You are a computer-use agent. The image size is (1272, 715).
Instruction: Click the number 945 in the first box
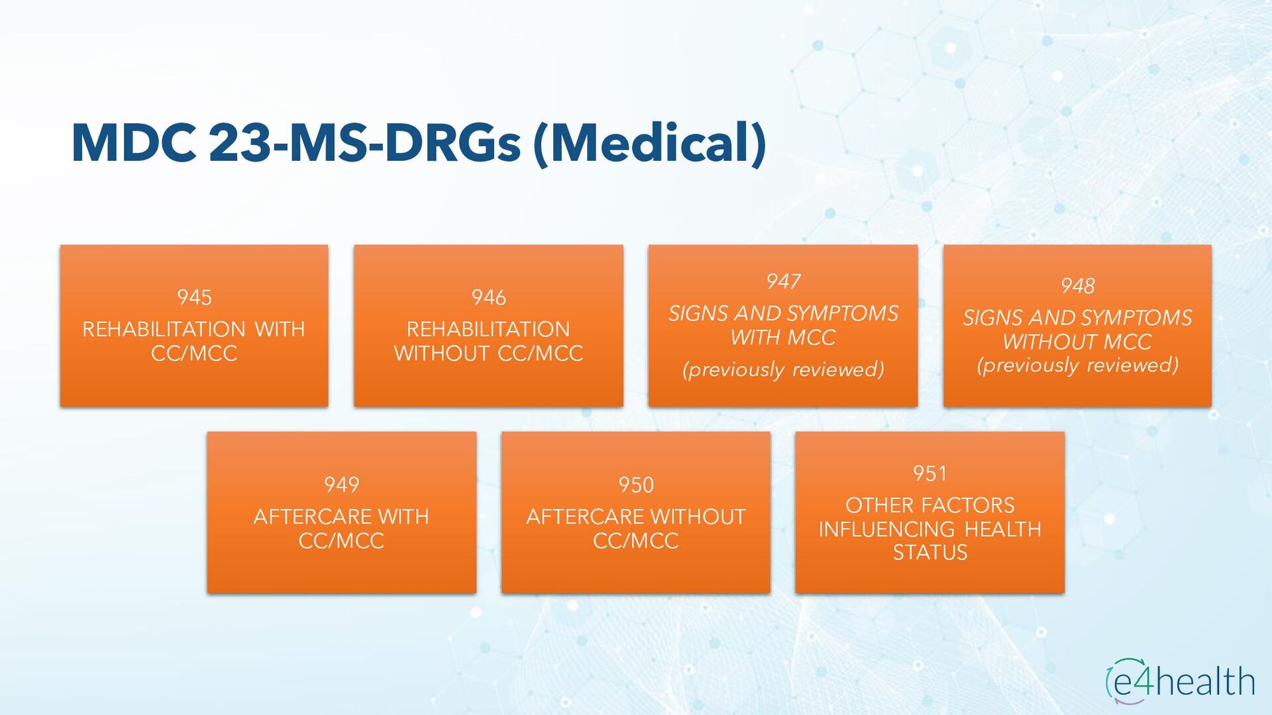click(194, 297)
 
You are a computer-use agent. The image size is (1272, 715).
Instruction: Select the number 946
click(488, 297)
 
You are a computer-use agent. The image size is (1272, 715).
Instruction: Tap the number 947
click(783, 281)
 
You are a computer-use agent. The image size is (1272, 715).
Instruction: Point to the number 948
click(1077, 286)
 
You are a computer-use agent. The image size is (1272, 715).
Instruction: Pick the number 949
click(341, 485)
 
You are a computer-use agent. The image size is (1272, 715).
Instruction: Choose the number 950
click(636, 485)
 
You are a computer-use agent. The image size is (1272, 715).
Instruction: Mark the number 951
click(929, 473)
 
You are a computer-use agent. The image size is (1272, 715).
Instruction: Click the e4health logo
click(1180, 681)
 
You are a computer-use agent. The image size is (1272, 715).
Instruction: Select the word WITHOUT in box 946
click(441, 354)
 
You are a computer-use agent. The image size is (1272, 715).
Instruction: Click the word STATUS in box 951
click(929, 552)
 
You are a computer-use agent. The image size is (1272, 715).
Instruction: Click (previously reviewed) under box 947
click(783, 369)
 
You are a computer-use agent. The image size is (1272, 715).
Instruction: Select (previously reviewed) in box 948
click(1077, 365)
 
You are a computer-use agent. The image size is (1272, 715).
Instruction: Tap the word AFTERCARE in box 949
click(304, 516)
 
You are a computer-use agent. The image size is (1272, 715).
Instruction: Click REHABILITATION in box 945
click(164, 329)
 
